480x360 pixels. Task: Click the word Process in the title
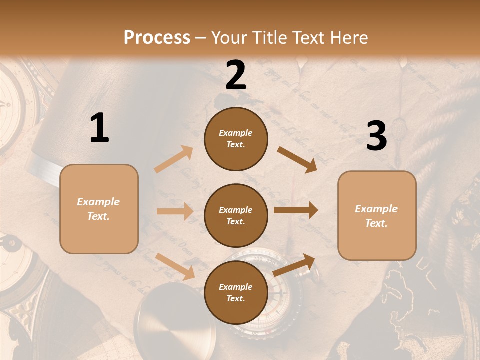pos(157,38)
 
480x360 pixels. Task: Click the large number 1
pos(99,128)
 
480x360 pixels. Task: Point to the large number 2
pos(236,75)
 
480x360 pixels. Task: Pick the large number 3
pos(376,136)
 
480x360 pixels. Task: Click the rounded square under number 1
pos(99,209)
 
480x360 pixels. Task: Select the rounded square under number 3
pos(377,216)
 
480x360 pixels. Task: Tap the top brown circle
pos(236,139)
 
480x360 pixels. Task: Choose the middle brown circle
pos(236,216)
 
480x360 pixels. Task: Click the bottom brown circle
pos(236,293)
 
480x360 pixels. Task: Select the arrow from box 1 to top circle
pos(174,159)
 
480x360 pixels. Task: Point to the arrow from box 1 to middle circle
pos(175,211)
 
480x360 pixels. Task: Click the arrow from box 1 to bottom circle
pos(175,266)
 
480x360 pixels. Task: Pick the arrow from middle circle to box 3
pos(295,210)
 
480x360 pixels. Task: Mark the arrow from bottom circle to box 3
pos(294,265)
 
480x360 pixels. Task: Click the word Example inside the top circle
pos(236,133)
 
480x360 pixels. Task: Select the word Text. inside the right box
pos(376,223)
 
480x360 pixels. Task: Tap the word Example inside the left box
pos(98,202)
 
